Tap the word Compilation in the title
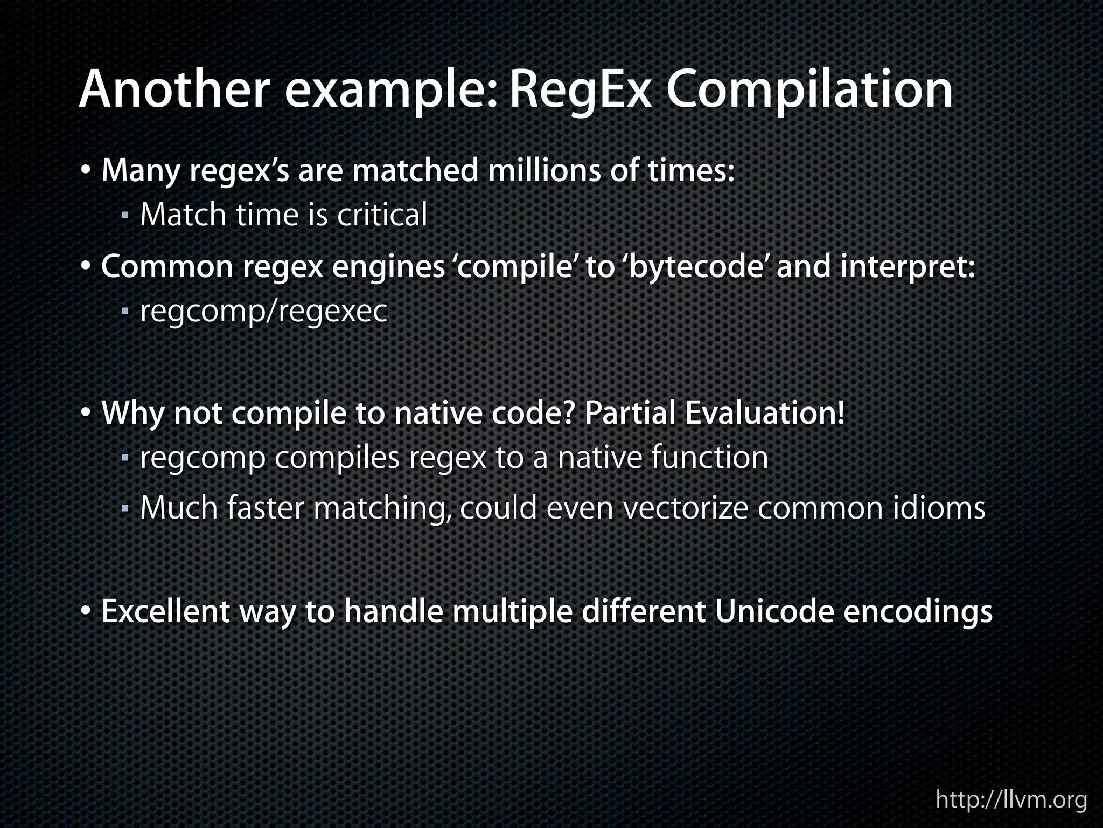(809, 91)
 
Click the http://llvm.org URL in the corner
(1011, 799)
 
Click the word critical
(382, 215)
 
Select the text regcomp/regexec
(263, 312)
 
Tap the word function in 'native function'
(709, 458)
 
